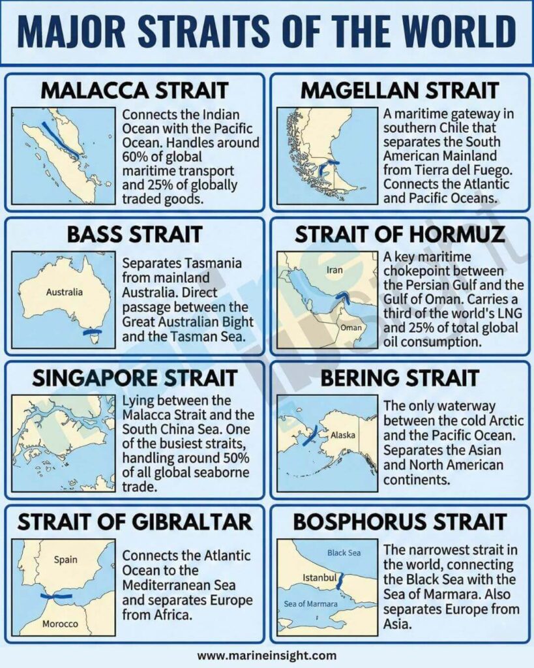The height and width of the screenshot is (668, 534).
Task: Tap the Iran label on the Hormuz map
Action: tap(334, 269)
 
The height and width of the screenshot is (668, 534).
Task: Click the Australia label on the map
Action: tap(64, 292)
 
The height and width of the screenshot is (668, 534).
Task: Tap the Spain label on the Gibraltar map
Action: tap(65, 559)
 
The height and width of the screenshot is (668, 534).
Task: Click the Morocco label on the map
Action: tap(60, 624)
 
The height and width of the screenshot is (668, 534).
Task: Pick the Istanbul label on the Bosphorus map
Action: tap(319, 578)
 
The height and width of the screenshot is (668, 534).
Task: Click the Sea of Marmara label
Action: tap(311, 604)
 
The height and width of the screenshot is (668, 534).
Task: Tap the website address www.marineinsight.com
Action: tap(267, 656)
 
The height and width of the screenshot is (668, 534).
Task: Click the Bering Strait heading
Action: tap(399, 378)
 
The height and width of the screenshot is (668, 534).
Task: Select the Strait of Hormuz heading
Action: tap(399, 234)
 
